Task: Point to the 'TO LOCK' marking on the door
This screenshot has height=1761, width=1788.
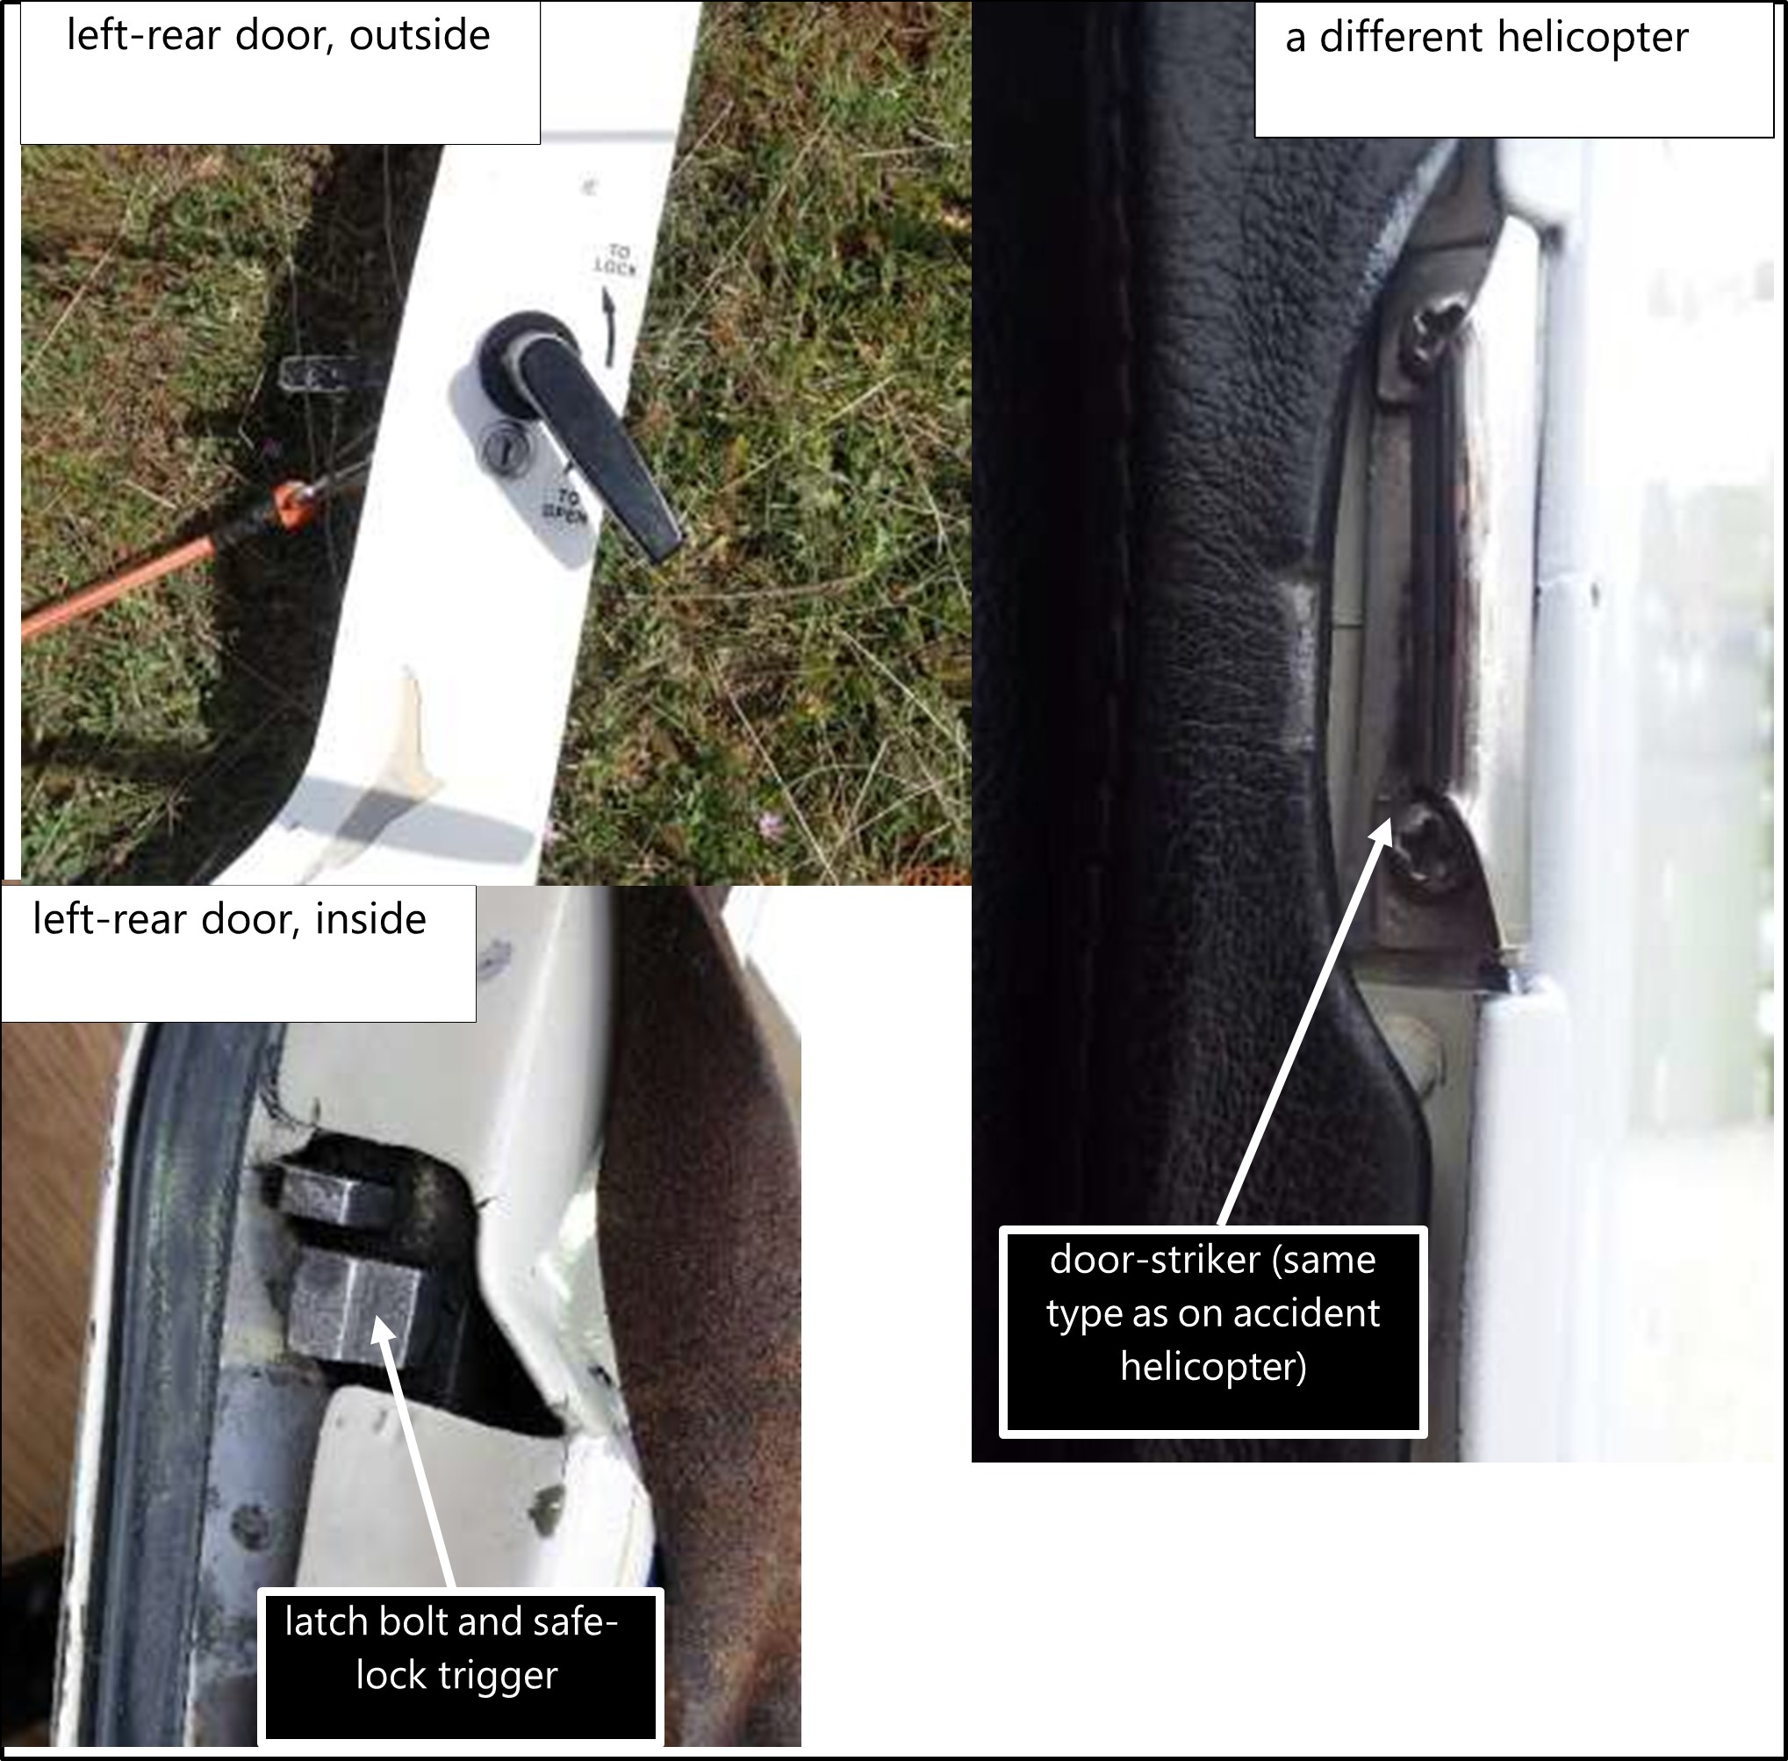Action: click(615, 260)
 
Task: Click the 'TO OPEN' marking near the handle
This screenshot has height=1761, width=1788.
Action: click(565, 507)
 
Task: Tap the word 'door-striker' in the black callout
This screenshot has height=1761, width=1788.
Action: click(1155, 1260)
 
